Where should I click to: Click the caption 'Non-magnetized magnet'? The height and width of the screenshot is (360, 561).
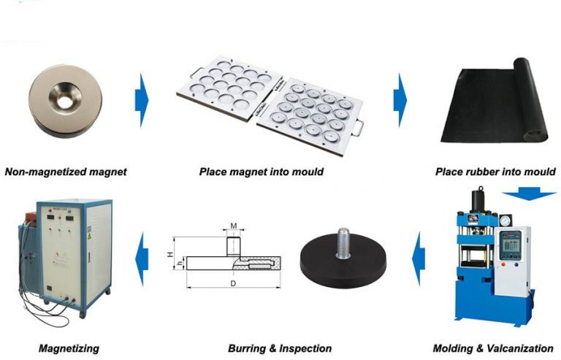[x=66, y=172]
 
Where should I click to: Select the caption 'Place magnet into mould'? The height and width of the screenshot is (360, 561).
[x=261, y=172]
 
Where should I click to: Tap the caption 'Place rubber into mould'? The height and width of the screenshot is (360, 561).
[x=495, y=172]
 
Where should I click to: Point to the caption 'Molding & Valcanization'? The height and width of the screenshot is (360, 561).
[x=493, y=348]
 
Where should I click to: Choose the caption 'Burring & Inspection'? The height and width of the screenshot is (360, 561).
[x=280, y=348]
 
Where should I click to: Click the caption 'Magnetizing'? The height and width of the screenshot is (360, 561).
[x=70, y=348]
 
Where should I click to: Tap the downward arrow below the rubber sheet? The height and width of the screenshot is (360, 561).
[x=530, y=194]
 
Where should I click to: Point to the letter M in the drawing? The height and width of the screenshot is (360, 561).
[x=233, y=226]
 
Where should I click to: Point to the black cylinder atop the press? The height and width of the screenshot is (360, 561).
[x=480, y=199]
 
